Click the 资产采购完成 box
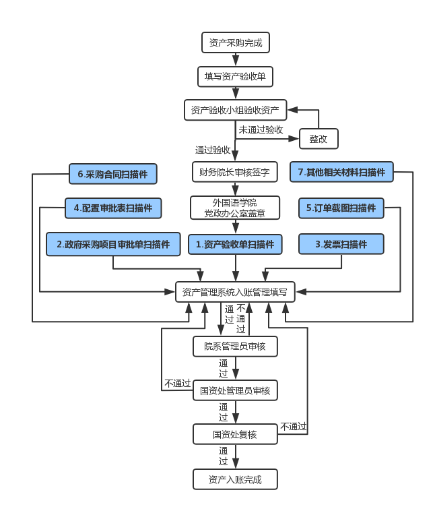coord(235,43)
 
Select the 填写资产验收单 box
coord(235,77)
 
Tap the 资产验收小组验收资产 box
coord(235,110)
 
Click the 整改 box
coord(319,139)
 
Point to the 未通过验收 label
coord(261,129)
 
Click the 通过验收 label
coord(213,150)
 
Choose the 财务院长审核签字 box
coord(234,173)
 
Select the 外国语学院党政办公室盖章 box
coord(234,208)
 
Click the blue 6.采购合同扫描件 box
coord(113,174)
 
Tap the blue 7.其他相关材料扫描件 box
coord(341,173)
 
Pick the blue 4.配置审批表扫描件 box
coord(113,208)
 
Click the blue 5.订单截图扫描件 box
coord(341,208)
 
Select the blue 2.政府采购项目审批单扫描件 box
coord(113,244)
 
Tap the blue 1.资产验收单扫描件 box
coord(235,244)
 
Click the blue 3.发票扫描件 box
coord(341,244)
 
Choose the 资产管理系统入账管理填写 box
coord(235,292)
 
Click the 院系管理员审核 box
coord(235,347)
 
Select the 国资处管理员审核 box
coord(235,390)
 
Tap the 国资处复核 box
coord(235,434)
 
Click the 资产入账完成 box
coord(235,480)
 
